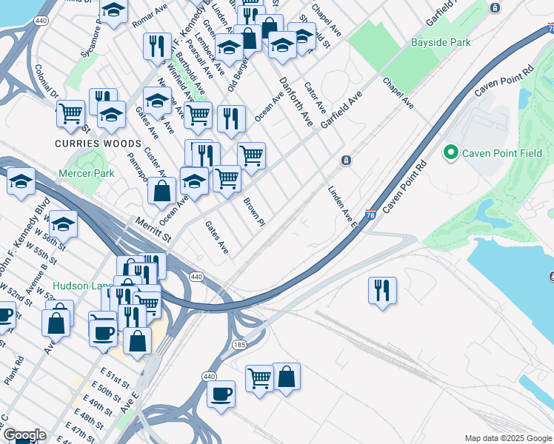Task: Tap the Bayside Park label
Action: pos(441,42)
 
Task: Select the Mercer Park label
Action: pos(87,174)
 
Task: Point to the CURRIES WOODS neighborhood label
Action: pos(97,143)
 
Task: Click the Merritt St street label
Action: pos(153,229)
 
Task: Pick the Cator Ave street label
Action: pos(314,97)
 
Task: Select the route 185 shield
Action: pos(238,345)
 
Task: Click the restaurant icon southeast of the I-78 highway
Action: pos(382,290)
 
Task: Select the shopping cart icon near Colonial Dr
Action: pos(70,114)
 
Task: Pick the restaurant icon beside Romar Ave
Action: pos(156,46)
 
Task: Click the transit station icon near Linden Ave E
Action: pos(345,161)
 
